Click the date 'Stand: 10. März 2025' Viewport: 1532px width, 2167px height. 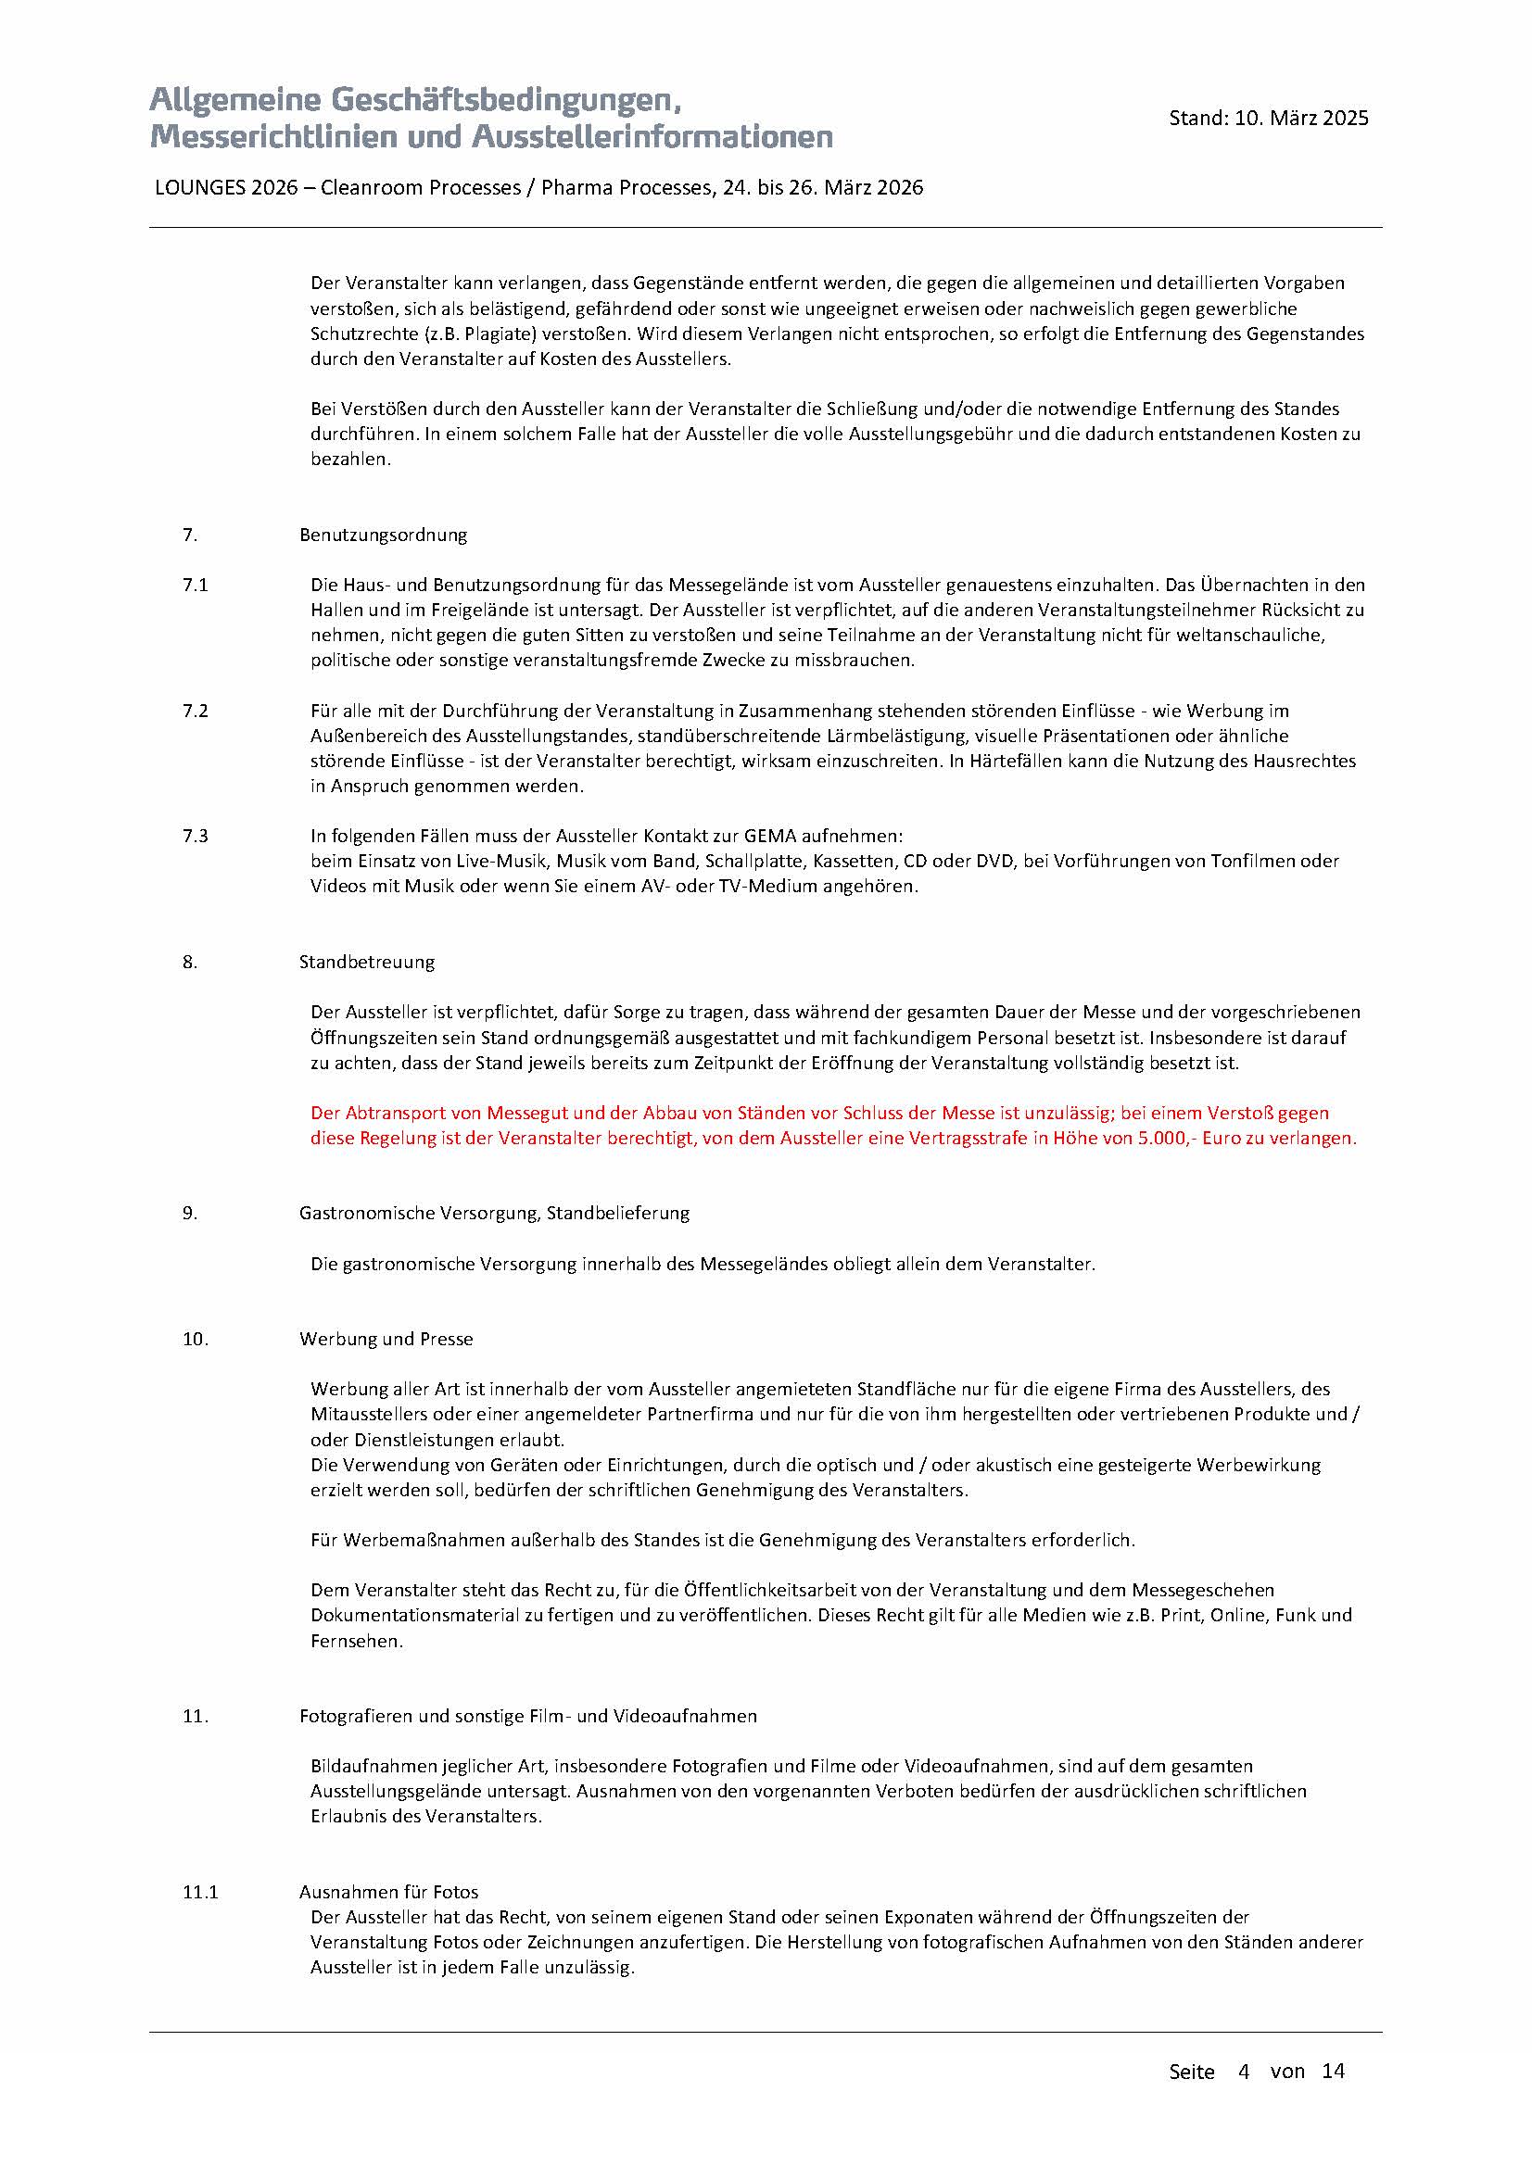[x=1268, y=118]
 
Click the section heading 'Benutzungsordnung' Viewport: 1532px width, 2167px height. [x=384, y=535]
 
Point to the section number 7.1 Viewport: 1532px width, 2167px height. [x=196, y=586]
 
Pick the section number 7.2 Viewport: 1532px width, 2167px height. [x=196, y=711]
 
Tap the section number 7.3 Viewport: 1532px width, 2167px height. [x=196, y=837]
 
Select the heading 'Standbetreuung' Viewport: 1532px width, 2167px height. [x=367, y=962]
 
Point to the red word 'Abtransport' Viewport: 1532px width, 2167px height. [x=393, y=1113]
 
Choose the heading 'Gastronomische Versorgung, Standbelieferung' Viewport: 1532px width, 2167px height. [x=494, y=1214]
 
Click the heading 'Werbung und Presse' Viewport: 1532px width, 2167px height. [x=386, y=1340]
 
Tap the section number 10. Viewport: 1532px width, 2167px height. [x=196, y=1340]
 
